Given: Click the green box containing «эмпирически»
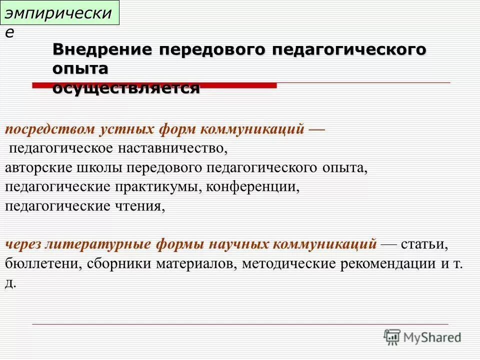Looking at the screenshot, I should (x=60, y=13).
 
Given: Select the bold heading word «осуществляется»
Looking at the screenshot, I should (x=126, y=88).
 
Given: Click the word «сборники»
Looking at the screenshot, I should (x=115, y=263).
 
